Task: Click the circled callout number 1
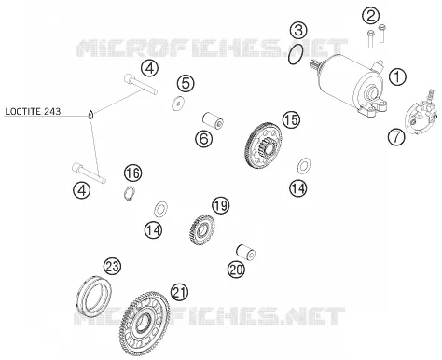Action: click(x=397, y=76)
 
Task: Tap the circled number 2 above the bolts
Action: click(x=371, y=15)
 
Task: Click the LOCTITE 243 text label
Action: click(x=33, y=111)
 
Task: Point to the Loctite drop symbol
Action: click(x=90, y=115)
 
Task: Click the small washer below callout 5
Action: click(x=178, y=103)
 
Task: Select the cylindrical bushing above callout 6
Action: click(x=214, y=120)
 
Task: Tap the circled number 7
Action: click(x=396, y=137)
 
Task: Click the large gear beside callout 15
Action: click(x=265, y=145)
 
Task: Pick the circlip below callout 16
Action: click(x=129, y=193)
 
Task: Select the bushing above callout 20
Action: click(x=246, y=253)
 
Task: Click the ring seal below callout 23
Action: click(x=93, y=295)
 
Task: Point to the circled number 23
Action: click(x=112, y=267)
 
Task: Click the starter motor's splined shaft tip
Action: click(x=313, y=64)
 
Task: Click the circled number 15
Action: click(x=292, y=119)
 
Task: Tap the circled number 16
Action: click(x=132, y=173)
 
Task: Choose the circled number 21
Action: click(x=180, y=293)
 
